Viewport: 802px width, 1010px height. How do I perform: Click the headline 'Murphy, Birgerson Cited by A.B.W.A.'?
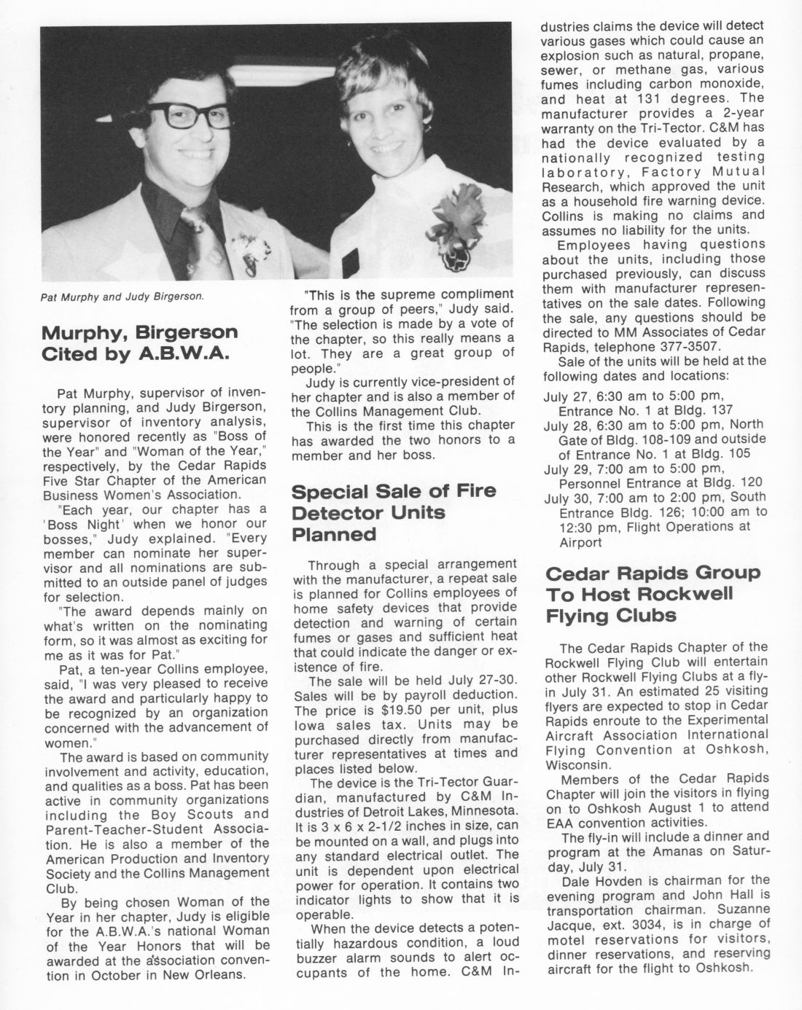(x=140, y=343)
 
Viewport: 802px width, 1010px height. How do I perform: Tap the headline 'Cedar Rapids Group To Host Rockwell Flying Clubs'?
(x=653, y=595)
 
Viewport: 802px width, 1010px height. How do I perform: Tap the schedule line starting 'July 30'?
(x=655, y=498)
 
